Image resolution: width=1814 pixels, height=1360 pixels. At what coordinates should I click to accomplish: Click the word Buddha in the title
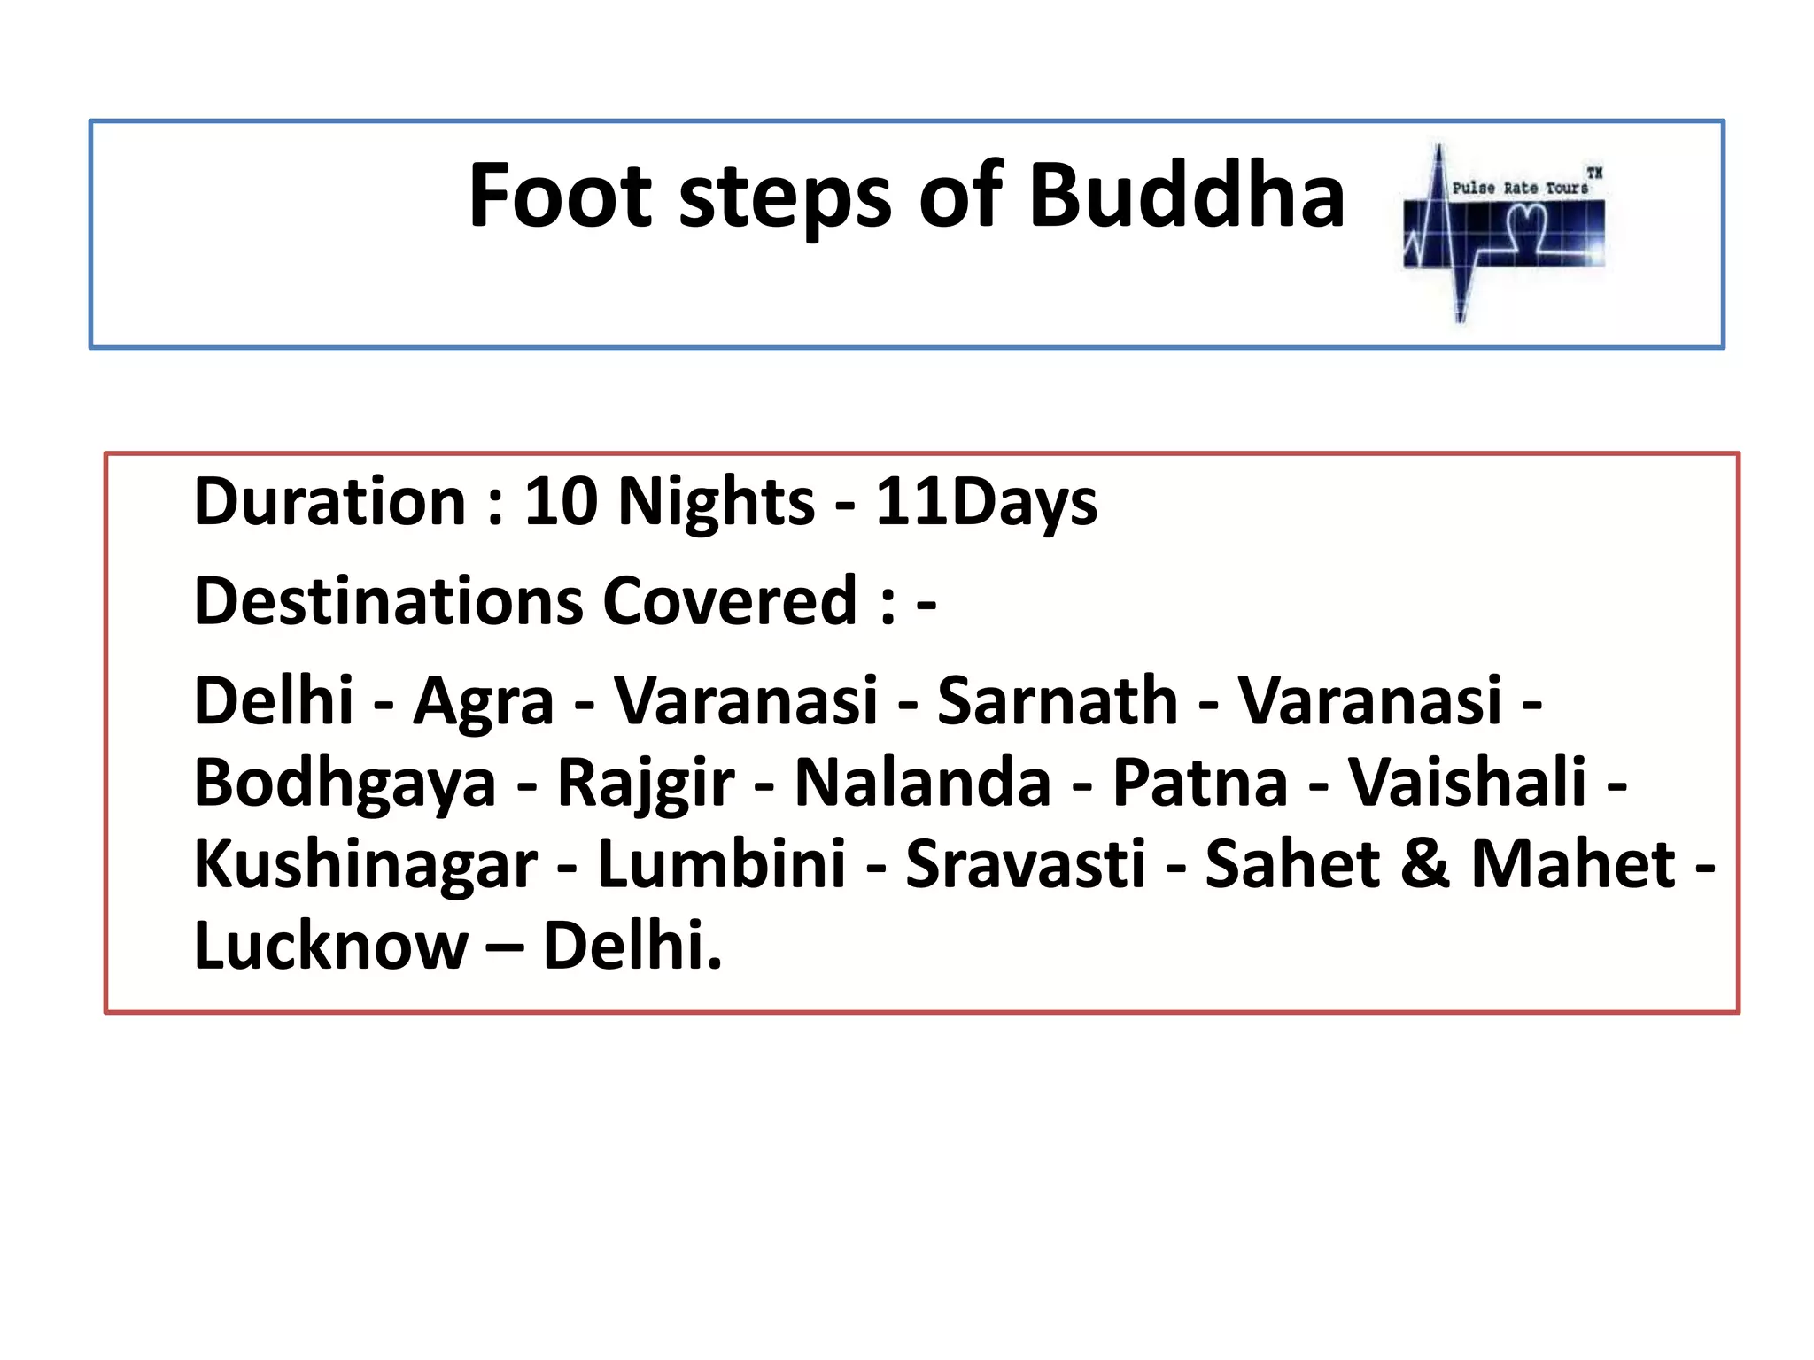pos(1186,196)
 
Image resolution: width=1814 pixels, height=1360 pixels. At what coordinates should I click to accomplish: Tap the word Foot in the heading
pos(560,196)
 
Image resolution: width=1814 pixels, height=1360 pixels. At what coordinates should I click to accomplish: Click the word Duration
pos(329,502)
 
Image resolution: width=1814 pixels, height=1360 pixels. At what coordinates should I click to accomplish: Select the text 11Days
pos(986,502)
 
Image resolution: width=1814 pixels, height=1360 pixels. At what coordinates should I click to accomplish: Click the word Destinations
pos(388,601)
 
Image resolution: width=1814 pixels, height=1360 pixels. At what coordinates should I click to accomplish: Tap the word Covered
pos(730,601)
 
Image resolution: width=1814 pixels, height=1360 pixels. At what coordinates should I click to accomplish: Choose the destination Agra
pos(483,701)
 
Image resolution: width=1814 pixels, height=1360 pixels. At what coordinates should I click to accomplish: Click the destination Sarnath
pos(1057,701)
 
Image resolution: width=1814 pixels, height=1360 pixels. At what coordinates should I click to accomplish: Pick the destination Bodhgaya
pos(345,784)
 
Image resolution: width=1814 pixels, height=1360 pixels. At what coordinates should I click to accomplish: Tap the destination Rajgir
pos(645,784)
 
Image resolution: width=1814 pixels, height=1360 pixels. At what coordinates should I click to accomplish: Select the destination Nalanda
pos(922,783)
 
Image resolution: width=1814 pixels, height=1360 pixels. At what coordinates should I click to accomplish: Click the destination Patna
pos(1199,783)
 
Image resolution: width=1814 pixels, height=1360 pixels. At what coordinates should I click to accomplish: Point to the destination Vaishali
pos(1467,783)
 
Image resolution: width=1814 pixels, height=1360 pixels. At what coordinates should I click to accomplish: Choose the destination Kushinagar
pos(365,865)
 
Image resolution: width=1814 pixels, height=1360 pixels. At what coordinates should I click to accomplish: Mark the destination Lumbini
pos(721,864)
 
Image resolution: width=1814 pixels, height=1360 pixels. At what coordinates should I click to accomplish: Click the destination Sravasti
pos(1025,864)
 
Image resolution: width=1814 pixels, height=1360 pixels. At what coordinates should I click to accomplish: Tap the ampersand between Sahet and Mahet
pos(1424,864)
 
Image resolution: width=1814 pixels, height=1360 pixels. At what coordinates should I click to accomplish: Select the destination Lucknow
pos(330,946)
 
